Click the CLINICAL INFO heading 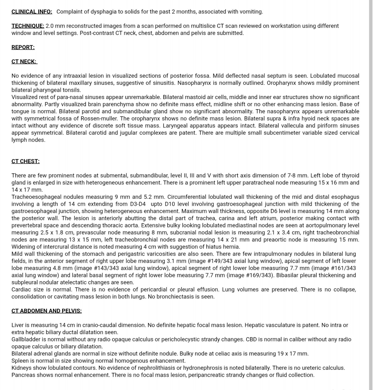coord(32,12)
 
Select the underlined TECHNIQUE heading coord(28,26)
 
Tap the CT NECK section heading coord(24,62)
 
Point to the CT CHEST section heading coord(25,162)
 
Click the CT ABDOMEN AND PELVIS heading coord(46,311)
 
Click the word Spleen coord(20,361)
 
